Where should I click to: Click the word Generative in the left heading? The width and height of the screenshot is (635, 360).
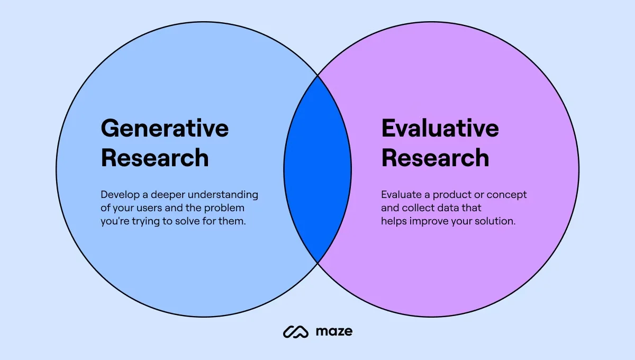[x=165, y=129]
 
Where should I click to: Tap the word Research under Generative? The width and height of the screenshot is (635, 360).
[x=155, y=158]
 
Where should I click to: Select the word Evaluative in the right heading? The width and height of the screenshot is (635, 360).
[x=440, y=129]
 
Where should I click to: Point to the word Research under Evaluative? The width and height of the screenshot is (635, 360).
[x=435, y=158]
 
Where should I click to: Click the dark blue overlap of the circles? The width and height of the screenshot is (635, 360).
[x=317, y=169]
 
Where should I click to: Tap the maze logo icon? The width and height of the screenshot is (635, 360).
[x=295, y=332]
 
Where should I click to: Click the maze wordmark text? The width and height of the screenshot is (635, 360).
[x=333, y=332]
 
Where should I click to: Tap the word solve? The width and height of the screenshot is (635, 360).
[x=183, y=221]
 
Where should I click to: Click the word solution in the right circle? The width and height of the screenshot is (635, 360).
[x=497, y=221]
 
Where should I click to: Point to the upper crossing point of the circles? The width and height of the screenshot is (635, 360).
[x=317, y=76]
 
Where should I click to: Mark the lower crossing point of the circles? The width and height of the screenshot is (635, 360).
[x=317, y=263]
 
